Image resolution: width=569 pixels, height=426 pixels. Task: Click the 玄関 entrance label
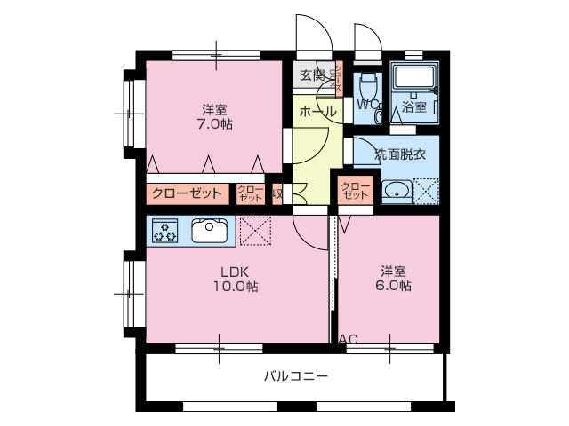[x=312, y=75]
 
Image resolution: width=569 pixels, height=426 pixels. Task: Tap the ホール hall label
[x=317, y=113]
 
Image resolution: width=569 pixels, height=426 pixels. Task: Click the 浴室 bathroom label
[x=414, y=107]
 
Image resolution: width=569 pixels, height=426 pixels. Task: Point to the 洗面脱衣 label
[x=400, y=154]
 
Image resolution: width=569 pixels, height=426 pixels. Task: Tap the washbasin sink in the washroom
[x=397, y=191]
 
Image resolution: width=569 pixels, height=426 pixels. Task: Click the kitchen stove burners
[x=166, y=232]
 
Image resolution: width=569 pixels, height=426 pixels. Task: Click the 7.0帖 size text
[x=214, y=124]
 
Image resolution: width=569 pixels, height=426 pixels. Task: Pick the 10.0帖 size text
[x=236, y=286]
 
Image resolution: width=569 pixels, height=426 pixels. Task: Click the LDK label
[x=235, y=271]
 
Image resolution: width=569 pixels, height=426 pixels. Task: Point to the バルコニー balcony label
[x=296, y=376]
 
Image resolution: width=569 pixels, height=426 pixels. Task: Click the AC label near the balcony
[x=349, y=339]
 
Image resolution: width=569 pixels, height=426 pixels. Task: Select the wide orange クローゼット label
[x=187, y=193]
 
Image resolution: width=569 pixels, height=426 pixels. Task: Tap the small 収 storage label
[x=277, y=193]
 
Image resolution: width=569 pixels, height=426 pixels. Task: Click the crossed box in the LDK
[x=256, y=231]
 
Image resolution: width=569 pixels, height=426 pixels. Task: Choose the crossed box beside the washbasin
[x=426, y=191]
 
